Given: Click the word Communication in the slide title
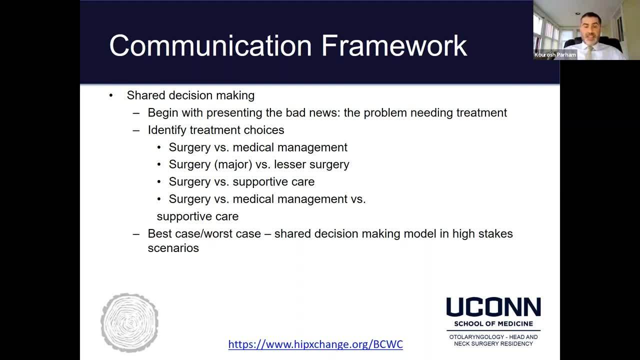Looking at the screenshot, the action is [x=210, y=45].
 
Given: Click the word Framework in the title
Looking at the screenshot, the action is [x=394, y=45].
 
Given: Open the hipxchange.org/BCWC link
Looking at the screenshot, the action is [x=315, y=344].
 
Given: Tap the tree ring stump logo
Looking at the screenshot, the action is [x=129, y=322].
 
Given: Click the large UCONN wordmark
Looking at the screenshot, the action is [x=493, y=307].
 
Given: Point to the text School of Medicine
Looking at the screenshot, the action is [x=493, y=323].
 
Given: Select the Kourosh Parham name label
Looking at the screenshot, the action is [x=555, y=54].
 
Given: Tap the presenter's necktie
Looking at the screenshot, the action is [x=589, y=52].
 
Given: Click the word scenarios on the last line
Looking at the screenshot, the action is [x=173, y=248].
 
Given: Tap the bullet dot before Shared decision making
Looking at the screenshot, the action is [x=111, y=95].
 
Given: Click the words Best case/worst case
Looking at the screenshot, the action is [x=204, y=233].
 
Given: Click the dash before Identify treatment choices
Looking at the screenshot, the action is [x=136, y=130].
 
